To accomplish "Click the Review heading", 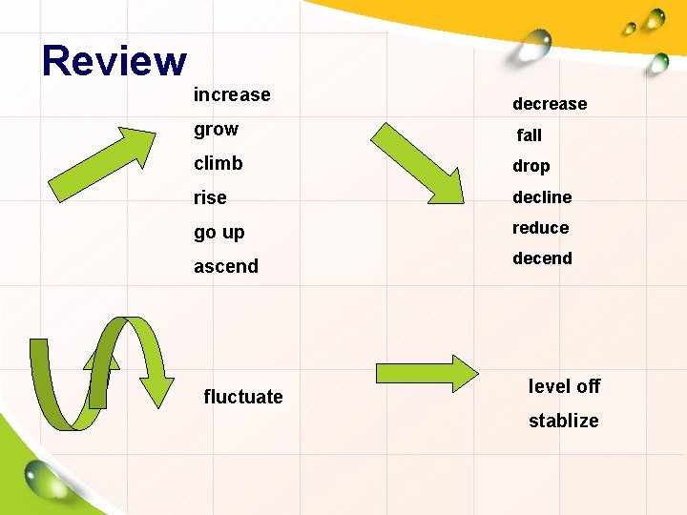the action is coord(114,61).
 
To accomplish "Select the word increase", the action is coord(232,94).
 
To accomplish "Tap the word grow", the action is coord(216,129).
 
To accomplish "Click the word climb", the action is coord(219,163).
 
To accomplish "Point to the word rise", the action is coord(210,197).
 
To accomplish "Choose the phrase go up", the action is coord(219,232).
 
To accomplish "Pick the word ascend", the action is coord(226,266).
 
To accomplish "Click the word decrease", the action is coord(550,104).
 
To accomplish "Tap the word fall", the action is coord(530,135).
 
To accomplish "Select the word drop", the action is coord(531,166).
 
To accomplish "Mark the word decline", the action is coord(542,197).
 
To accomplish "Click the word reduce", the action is coord(540,228).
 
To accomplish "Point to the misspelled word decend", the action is coord(542,258).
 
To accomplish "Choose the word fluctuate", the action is coord(243,397).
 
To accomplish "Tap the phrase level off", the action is coord(564,386).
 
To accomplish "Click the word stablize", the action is coord(564,421).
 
